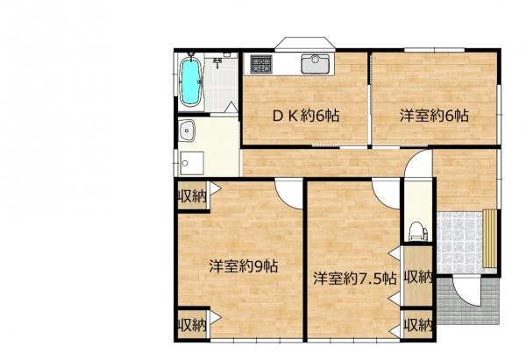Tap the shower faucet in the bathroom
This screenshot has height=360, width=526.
218,63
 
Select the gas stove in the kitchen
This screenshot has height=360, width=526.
259,64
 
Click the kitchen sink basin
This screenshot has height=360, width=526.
313,64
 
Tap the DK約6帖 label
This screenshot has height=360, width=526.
304,116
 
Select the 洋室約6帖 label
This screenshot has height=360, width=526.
434,116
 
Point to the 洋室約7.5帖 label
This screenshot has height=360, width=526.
355,279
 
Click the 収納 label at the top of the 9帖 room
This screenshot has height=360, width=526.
193,196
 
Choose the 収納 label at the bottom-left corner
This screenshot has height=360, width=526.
193,324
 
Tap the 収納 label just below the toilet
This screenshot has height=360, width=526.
418,278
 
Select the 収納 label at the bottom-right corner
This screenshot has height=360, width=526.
418,324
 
